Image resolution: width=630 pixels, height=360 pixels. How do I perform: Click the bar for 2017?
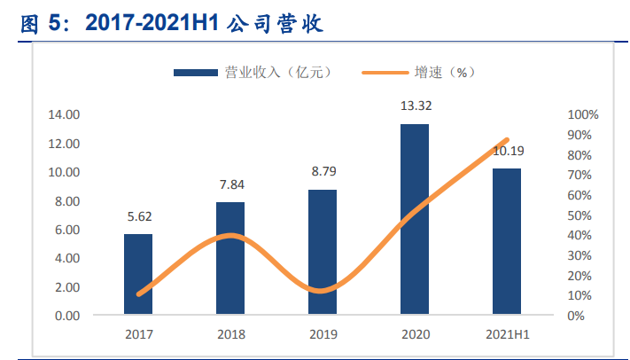coord(137,274)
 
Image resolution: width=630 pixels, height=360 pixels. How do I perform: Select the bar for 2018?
coord(230,258)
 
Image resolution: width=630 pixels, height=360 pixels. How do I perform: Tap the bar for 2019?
coord(323,252)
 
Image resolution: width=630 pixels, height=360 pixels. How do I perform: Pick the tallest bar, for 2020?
coord(415,219)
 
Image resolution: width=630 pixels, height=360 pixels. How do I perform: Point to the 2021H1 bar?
coord(507,241)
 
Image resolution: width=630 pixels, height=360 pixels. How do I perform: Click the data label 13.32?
coord(416,106)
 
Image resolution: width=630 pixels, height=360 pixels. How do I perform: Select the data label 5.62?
coord(137,217)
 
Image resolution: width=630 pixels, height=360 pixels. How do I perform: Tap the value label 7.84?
coord(230,185)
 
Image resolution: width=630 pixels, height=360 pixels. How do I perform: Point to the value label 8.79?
coord(323,172)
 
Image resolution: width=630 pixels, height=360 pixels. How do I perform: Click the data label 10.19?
coord(507,151)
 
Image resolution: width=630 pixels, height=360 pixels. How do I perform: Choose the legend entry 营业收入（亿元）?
coord(252,73)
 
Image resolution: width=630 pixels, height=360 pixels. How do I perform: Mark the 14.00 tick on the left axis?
coord(64,114)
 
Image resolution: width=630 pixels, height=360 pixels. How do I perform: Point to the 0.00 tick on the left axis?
coord(66,316)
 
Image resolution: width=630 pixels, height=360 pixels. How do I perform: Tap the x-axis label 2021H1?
coord(507,335)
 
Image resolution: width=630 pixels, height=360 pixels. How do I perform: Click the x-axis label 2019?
coord(323,335)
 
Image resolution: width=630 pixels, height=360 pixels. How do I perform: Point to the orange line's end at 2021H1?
coord(507,140)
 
